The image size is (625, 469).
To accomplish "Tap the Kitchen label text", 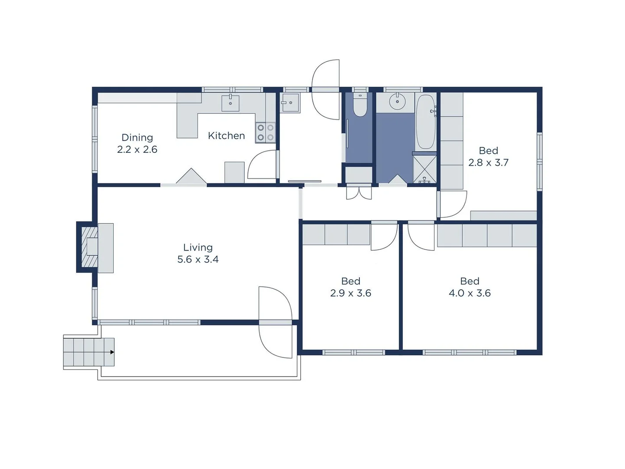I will click(226, 136).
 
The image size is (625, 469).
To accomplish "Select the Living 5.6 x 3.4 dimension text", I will click(198, 259).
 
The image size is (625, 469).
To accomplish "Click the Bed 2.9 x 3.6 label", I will click(351, 287).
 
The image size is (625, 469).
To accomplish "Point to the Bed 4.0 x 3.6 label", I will click(470, 287).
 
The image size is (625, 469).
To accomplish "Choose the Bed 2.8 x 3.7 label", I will click(488, 156).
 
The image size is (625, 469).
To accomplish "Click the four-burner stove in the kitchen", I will click(265, 132).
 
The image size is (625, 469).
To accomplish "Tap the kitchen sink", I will click(230, 103).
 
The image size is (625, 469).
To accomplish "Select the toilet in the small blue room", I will click(360, 106).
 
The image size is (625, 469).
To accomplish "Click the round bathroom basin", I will click(397, 102).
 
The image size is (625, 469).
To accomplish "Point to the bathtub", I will click(426, 122).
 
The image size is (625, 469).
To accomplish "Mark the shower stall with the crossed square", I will click(424, 168).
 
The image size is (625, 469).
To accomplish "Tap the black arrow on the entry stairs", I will click(112, 352).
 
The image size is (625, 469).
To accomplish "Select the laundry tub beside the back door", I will click(290, 103).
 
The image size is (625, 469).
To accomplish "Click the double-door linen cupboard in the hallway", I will click(359, 192).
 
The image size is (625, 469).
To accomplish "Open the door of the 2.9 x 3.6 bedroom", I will click(384, 237).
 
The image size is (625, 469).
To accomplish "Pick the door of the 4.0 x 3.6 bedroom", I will click(421, 237).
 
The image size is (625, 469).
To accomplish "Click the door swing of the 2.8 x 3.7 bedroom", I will click(452, 204).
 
